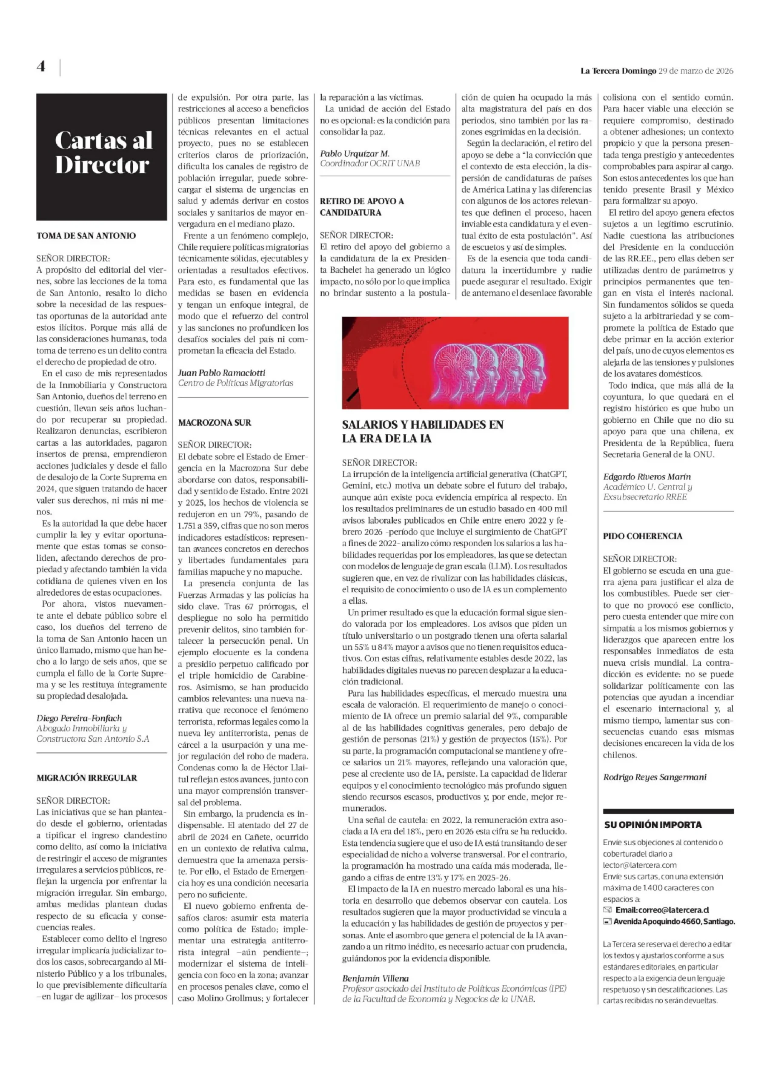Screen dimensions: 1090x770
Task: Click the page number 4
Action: pos(41,66)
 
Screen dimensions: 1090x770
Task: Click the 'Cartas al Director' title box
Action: pos(102,157)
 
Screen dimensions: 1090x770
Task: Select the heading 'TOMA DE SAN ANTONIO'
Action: pos(86,235)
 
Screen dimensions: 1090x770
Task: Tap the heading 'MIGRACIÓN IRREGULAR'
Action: pos(86,777)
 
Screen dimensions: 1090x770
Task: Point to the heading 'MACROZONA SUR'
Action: pos(215,422)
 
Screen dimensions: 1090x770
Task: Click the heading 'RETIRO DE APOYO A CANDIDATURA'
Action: pos(362,207)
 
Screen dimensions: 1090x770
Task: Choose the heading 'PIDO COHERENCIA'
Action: pos(642,536)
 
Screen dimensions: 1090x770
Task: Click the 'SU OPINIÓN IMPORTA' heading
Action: pos(653,825)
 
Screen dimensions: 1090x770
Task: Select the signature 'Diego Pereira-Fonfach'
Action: pos(79,718)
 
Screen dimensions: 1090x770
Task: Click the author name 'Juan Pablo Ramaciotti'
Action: pos(222,373)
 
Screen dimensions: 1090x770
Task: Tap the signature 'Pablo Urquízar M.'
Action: pos(355,153)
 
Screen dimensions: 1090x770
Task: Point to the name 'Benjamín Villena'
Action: pos(375,978)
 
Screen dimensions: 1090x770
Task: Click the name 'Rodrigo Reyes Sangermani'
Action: pos(655,777)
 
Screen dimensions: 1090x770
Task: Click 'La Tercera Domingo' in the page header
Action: pos(618,71)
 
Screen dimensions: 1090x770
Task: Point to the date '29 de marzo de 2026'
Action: pos(696,71)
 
